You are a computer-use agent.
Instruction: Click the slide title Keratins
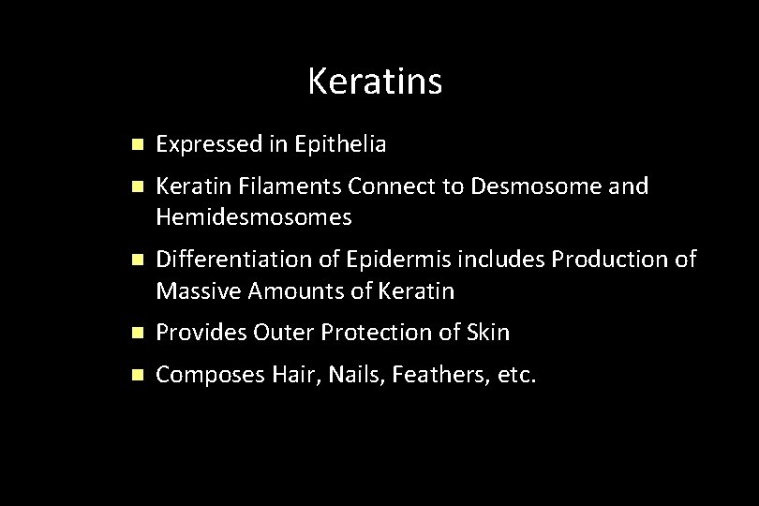(x=374, y=82)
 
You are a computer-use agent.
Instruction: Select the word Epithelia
(x=340, y=144)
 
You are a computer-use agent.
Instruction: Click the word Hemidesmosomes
(x=254, y=217)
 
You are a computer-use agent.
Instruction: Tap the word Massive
(x=198, y=291)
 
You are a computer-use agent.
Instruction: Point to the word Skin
(x=491, y=333)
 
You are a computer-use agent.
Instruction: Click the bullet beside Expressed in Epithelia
(x=137, y=145)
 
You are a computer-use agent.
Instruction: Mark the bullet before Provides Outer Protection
(x=137, y=333)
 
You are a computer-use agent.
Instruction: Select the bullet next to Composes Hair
(x=137, y=376)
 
